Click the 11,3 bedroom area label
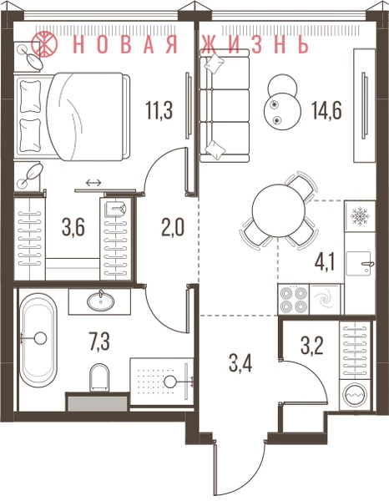159,109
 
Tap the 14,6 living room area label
326,109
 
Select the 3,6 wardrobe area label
73,229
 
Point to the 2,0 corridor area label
173,228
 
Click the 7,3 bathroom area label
99,342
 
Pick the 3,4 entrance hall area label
240,363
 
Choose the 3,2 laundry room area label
312,346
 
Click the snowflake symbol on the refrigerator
360,216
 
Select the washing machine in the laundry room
357,395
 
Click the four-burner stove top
294,300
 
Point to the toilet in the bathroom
99,377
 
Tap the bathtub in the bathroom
38,339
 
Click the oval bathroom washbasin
101,301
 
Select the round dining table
279,210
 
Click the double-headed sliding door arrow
93,182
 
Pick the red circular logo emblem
44,43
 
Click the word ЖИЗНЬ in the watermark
255,43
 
